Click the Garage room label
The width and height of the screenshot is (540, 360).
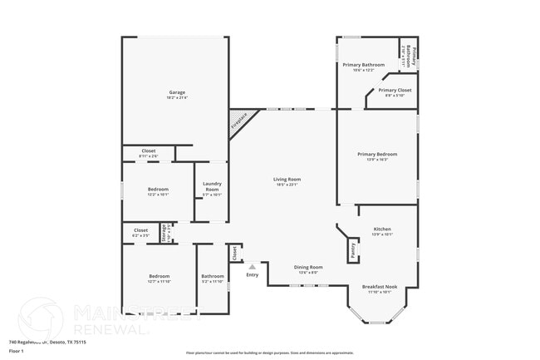click(177, 92)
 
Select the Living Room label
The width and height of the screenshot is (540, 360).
click(287, 179)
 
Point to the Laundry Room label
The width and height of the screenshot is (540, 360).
click(212, 186)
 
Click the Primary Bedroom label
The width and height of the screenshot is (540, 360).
click(377, 154)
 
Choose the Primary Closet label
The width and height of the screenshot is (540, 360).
click(395, 90)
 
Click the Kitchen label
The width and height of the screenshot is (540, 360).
click(382, 229)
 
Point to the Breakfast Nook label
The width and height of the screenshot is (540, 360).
click(380, 287)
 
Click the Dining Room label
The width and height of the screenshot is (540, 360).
click(309, 268)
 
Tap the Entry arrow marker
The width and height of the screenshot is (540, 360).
click(252, 267)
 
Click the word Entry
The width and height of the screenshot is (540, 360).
click(252, 275)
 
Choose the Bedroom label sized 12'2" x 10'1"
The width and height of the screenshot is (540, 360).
click(158, 190)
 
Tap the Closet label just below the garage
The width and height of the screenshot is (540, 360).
click(148, 150)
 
